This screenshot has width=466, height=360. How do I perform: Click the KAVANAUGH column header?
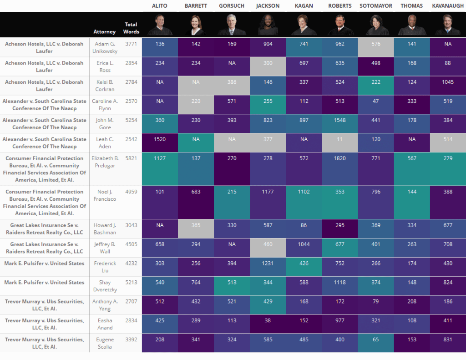pos(448,6)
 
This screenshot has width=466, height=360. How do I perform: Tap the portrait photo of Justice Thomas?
pos(412,25)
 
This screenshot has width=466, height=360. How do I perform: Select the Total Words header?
pos(132,28)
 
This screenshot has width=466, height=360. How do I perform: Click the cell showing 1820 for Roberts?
pos(339,158)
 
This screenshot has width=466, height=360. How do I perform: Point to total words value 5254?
pos(132,120)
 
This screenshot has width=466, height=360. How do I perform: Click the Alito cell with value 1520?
pos(160,139)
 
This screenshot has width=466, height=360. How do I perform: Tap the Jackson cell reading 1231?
pos(268,263)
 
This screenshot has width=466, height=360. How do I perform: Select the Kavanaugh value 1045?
pos(448,82)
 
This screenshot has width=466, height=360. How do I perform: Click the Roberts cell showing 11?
pos(339,139)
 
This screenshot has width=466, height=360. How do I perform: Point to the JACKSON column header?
pos(268,6)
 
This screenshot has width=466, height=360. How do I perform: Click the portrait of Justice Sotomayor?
pos(376,25)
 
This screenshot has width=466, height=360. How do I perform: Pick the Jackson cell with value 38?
pos(268,320)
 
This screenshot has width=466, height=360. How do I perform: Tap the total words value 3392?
pos(132,340)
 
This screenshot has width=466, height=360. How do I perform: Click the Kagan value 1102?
pos(304,192)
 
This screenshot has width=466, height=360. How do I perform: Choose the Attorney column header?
pos(104,32)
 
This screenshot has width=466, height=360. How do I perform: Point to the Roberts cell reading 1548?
pos(339,120)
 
